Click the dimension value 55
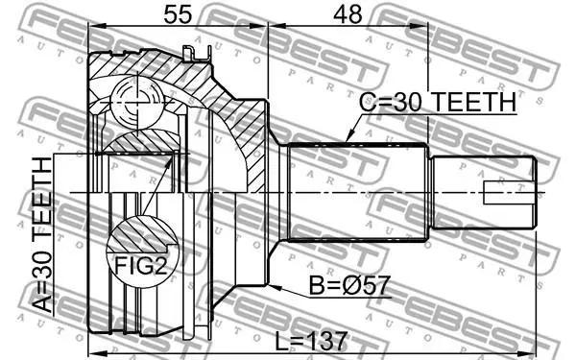[178, 15]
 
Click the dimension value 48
[348, 15]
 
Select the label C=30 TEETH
[438, 103]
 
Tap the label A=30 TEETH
[42, 235]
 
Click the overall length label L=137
[311, 341]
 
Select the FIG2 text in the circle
[141, 265]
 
